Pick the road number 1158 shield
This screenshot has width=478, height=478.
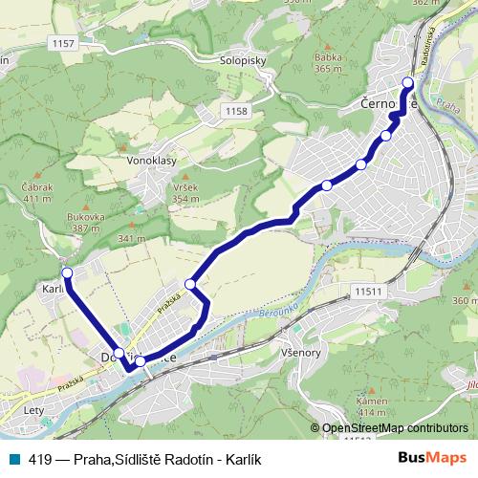pyautogui.click(x=238, y=112)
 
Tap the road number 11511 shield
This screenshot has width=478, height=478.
pyautogui.click(x=367, y=291)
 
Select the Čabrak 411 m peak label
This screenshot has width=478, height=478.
pyautogui.click(x=35, y=192)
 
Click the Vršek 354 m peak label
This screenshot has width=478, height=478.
pyautogui.click(x=186, y=192)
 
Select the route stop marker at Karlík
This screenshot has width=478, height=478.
pyautogui.click(x=66, y=273)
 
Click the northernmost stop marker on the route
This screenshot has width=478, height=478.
pyautogui.click(x=408, y=83)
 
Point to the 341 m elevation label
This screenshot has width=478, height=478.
pyautogui.click(x=130, y=238)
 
